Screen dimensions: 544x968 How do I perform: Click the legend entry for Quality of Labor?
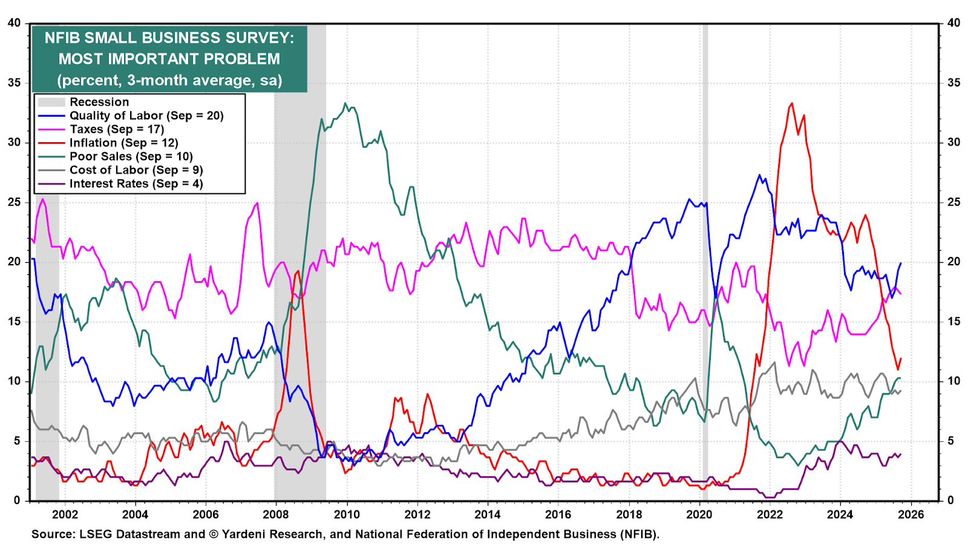[x=146, y=115]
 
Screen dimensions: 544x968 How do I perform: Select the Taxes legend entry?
[x=117, y=129]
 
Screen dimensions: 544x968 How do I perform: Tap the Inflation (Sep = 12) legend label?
[x=123, y=143]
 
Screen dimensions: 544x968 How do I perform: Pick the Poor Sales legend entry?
[x=131, y=157]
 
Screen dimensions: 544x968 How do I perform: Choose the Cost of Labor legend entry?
[x=136, y=170]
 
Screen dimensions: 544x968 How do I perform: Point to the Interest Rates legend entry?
[x=136, y=184]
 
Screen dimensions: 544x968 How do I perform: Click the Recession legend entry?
[x=99, y=102]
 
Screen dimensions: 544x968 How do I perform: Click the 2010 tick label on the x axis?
[x=347, y=514]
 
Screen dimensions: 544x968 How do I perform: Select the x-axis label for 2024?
[x=840, y=514]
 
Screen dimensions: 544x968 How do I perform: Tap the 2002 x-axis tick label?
[x=65, y=514]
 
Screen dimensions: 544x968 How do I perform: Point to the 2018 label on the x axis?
[x=629, y=514]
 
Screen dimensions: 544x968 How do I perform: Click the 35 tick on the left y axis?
[x=14, y=83]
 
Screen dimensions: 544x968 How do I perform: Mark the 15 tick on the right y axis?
[x=954, y=322]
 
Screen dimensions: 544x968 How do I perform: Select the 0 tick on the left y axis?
[x=17, y=500]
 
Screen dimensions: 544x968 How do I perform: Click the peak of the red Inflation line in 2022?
[x=792, y=103]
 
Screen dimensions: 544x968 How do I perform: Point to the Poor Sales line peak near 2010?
[x=345, y=103]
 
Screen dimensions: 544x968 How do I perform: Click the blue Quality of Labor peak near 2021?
[x=759, y=175]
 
